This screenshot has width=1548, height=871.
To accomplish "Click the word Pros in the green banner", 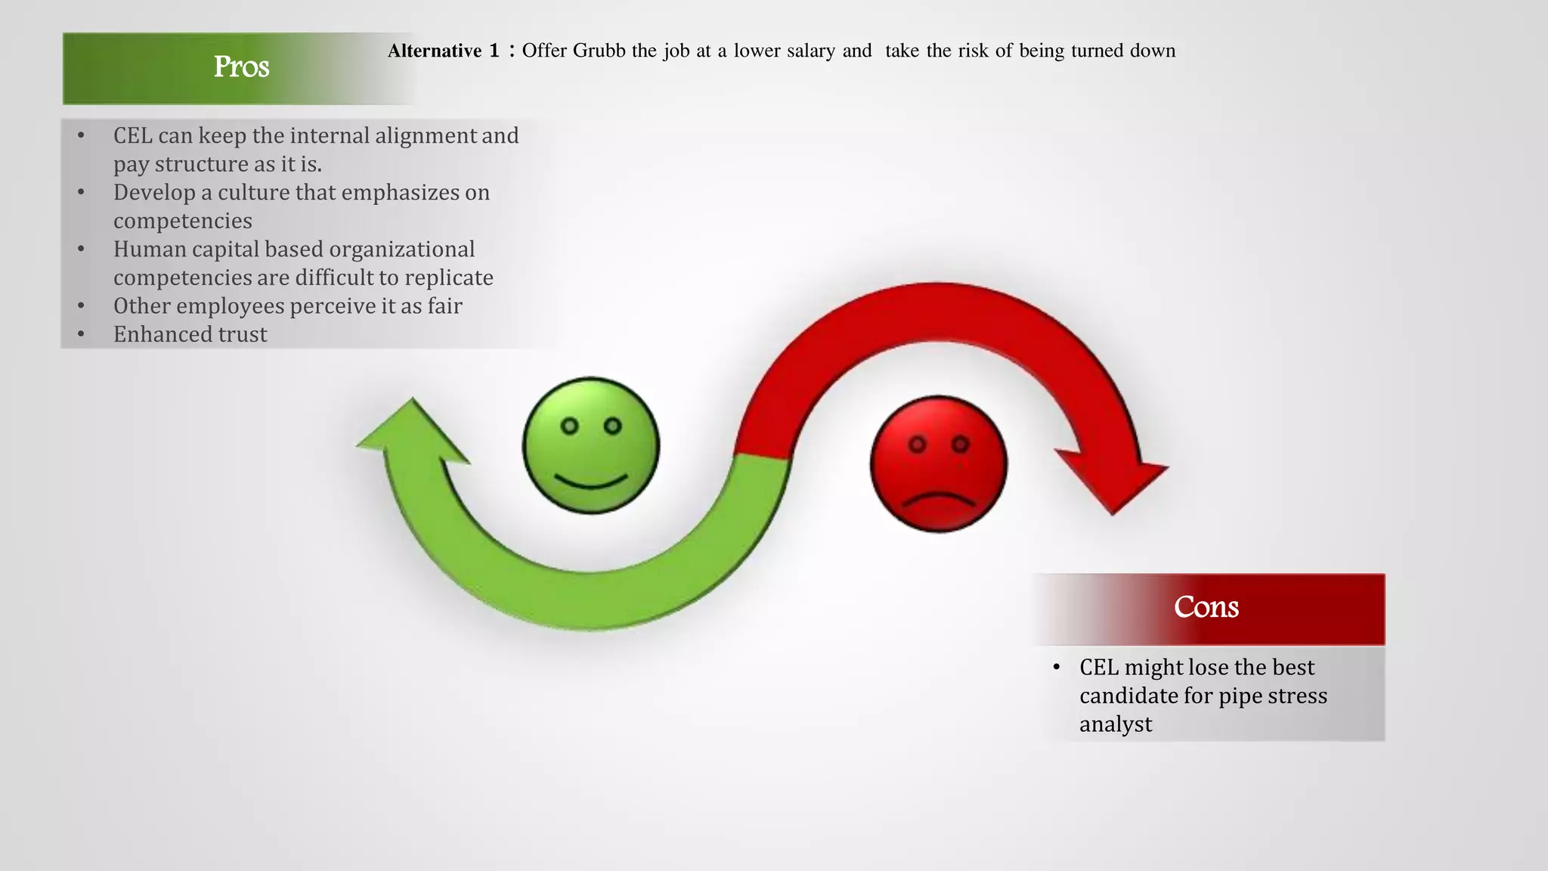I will coord(241,67).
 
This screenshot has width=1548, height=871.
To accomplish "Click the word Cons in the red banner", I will coord(1206,607).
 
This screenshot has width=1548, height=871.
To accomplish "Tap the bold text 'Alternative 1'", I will coord(443,51).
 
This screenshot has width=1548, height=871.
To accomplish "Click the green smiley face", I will coord(590,446).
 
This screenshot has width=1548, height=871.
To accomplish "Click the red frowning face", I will coord(938,464).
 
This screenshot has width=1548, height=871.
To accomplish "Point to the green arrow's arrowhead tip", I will coord(412,401).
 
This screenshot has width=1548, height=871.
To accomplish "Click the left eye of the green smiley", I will coord(570,426).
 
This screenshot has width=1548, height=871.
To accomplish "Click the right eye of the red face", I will coord(960,445).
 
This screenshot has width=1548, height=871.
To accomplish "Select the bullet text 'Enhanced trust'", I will coord(190,334).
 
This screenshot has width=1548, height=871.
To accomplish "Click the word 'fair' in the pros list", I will coord(444,306).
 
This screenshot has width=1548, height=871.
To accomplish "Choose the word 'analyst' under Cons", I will coord(1115,724).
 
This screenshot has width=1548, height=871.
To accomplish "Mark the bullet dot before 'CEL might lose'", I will coord(1057,668).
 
